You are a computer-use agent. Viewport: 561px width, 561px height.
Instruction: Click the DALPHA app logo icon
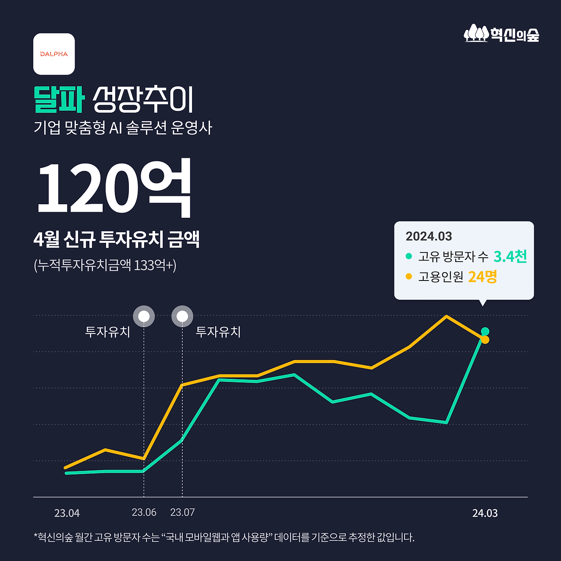(54, 54)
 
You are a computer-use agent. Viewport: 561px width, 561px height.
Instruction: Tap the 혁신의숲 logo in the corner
(501, 34)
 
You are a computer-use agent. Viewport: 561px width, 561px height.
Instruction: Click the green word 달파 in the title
(59, 100)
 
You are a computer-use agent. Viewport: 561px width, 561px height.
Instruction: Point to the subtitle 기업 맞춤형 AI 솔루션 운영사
(123, 128)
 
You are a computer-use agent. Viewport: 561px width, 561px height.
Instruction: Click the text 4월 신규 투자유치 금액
(117, 239)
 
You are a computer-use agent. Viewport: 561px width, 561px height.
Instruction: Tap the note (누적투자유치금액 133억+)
(105, 265)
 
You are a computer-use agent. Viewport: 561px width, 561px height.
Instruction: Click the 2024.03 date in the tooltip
(429, 236)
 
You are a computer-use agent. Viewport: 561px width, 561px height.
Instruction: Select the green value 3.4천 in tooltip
(510, 256)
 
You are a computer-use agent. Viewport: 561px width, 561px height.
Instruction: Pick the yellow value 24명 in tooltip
(483, 277)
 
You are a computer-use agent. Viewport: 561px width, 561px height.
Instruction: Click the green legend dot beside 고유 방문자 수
(409, 256)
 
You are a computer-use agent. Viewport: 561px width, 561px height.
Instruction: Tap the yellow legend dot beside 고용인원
(409, 277)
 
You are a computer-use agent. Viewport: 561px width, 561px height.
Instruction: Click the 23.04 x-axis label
(67, 513)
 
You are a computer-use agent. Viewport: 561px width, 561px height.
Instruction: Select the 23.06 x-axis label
(144, 512)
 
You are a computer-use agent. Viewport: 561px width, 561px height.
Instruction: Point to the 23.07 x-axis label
(182, 512)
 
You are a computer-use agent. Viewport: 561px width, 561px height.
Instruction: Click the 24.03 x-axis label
(485, 513)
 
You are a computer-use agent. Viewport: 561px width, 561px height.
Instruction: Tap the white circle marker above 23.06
(144, 316)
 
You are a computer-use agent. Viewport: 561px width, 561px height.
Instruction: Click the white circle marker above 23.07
(182, 316)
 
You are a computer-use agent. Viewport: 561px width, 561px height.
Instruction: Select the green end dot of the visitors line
(485, 331)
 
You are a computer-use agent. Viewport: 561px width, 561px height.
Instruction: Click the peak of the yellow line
(446, 316)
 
